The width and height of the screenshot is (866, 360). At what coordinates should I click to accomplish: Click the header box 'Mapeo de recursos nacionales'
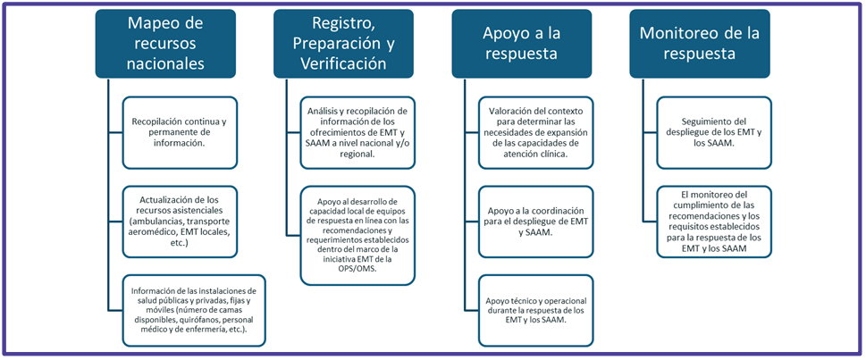tap(165, 43)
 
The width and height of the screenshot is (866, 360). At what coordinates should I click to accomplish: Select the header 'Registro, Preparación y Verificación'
tap(343, 43)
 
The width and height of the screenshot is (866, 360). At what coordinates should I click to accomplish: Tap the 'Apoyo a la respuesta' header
tap(522, 43)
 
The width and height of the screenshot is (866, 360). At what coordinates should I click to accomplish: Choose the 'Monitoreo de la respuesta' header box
tap(700, 43)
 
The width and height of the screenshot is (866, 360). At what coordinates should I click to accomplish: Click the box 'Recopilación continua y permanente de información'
tap(180, 132)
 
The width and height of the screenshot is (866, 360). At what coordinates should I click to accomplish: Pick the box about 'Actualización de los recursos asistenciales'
tap(180, 222)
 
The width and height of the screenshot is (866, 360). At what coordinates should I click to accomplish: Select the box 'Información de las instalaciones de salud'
tap(194, 310)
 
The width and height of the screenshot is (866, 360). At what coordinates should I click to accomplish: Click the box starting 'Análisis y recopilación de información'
tap(357, 132)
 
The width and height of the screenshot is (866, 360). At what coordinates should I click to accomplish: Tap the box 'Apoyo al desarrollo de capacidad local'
tap(357, 236)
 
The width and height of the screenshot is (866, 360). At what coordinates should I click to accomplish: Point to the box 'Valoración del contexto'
tap(535, 132)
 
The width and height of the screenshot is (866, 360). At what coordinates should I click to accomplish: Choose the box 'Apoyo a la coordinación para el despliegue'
tap(535, 222)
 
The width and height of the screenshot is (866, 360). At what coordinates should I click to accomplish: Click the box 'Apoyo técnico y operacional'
tap(535, 310)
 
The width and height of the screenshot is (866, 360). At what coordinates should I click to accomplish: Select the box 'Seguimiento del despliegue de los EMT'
tap(714, 132)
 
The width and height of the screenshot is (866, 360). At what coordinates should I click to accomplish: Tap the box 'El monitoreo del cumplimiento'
tap(714, 222)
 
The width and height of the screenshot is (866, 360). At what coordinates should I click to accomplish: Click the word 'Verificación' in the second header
tap(343, 63)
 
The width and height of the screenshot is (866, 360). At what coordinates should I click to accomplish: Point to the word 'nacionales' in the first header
tap(165, 63)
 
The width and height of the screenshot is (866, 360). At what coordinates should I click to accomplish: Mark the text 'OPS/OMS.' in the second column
tap(357, 268)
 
